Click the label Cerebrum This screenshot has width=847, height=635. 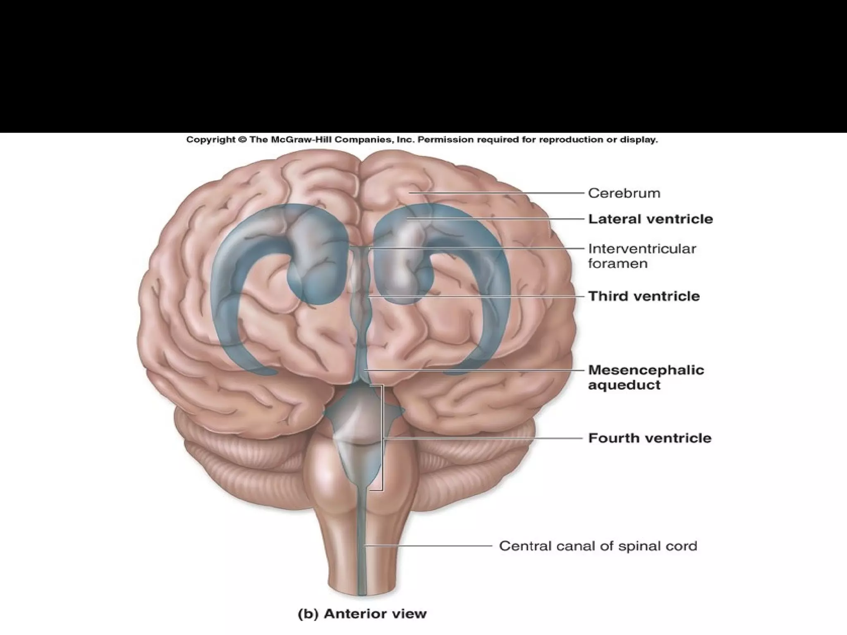[x=624, y=193]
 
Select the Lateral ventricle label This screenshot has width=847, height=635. [x=651, y=219]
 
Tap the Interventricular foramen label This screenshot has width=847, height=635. [x=642, y=256]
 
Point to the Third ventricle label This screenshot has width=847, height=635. [x=644, y=296]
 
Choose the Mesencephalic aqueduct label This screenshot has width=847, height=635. [x=646, y=377]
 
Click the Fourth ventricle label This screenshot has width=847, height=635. [x=650, y=438]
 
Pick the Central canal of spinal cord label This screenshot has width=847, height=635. [x=598, y=546]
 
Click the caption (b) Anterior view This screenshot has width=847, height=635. [x=362, y=614]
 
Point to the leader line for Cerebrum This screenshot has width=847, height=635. [x=496, y=193]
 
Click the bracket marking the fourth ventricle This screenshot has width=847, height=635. [x=383, y=438]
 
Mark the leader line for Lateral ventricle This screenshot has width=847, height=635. [x=496, y=219]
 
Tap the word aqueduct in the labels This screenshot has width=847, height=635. [x=624, y=385]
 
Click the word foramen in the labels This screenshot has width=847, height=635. [x=618, y=264]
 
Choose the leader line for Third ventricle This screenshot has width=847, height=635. [x=476, y=296]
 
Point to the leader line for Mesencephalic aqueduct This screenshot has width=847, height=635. [x=476, y=370]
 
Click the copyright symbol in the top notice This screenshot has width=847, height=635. [x=242, y=140]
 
